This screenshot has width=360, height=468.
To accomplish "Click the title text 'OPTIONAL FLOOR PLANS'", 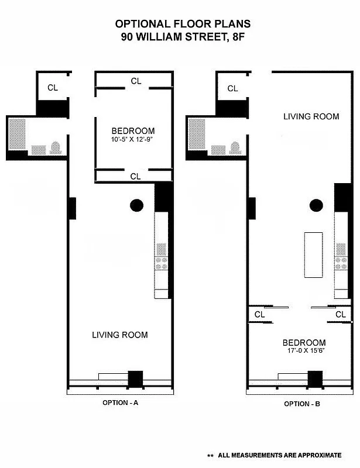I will [183, 24].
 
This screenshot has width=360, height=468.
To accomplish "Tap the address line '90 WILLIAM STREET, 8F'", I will [183, 36].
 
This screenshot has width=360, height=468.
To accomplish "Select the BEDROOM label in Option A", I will [133, 130].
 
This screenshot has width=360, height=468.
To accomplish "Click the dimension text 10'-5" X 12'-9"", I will [133, 139].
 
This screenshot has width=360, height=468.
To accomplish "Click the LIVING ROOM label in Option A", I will [119, 335].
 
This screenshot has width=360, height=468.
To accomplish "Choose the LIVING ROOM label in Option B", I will [311, 116].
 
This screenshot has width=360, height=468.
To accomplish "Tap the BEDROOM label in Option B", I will [304, 343].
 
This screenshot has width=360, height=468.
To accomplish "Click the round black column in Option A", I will [136, 205].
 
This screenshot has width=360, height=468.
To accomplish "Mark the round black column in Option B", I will [316, 205].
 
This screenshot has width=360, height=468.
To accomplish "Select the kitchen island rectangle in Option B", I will [313, 256].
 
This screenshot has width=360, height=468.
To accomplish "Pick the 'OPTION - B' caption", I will [302, 404].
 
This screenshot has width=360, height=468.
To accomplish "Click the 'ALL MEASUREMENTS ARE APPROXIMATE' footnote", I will [279, 455].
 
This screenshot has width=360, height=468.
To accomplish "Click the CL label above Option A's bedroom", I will [136, 81].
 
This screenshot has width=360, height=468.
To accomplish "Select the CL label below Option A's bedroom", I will [135, 176].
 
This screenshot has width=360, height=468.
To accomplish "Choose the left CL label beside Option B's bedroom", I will [259, 315].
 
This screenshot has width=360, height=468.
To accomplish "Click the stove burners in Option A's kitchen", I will [161, 263].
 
